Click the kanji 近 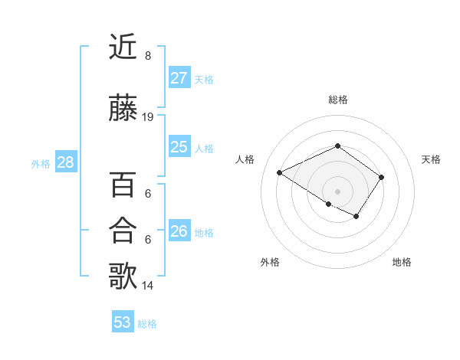[123, 47]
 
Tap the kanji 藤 [123, 108]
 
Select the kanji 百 [123, 185]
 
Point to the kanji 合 [123, 230]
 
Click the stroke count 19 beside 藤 [148, 117]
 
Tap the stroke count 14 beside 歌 [148, 286]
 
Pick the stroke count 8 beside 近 [148, 56]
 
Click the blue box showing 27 [179, 78]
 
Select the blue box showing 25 [179, 147]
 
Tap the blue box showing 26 [179, 231]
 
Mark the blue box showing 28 [65, 162]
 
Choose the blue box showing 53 [123, 322]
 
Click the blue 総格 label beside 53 [147, 324]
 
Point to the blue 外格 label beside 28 [41, 164]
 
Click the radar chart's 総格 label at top [337, 100]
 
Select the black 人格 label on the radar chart [245, 159]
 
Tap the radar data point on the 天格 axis [381, 177]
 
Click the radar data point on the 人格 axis [280, 172]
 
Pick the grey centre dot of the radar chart [337, 191]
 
